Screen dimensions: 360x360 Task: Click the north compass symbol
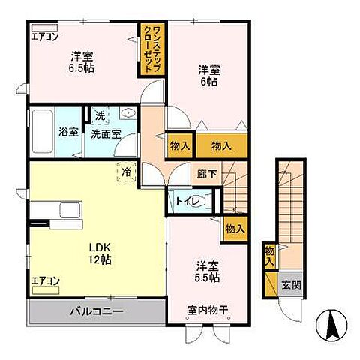331,325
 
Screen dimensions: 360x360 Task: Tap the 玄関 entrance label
291,285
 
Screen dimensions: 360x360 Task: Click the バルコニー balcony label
97,311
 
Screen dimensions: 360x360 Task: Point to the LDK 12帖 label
100,253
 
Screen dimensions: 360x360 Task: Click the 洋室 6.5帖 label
82,61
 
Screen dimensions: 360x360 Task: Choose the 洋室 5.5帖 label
208,271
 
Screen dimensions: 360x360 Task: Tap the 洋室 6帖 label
209,76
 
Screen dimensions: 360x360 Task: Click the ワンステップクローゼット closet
152,49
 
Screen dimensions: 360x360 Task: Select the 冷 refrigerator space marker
127,172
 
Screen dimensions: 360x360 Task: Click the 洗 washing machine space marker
100,115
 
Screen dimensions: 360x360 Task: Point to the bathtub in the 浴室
42,131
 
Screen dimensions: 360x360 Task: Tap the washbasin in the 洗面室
128,113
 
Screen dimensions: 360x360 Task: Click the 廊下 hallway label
206,174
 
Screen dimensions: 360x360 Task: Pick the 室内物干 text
208,310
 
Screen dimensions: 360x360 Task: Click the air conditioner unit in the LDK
46,290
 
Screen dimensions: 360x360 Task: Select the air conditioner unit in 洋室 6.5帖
44,28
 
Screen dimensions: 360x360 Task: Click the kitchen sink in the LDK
70,210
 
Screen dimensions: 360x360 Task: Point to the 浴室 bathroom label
68,132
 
